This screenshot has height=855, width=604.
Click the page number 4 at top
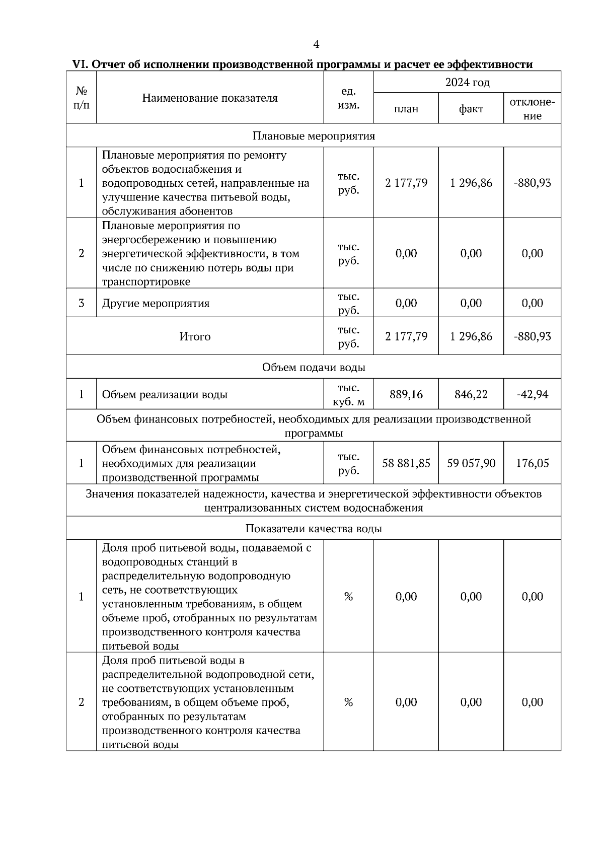[316, 45]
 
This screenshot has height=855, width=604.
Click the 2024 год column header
[467, 82]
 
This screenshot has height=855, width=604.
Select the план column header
[406, 109]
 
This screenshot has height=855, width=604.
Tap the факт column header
[471, 109]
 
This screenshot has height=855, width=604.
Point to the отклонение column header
[532, 109]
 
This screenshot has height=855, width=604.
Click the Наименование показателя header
[209, 98]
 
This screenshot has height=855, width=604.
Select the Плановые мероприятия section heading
[313, 136]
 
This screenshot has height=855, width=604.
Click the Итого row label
[195, 336]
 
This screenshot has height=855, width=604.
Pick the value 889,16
[406, 394]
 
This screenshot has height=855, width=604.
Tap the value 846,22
[471, 394]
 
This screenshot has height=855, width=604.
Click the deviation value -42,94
[532, 394]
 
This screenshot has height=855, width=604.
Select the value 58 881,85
[406, 463]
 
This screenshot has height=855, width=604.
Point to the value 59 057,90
[471, 463]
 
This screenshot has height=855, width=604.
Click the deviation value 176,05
[532, 463]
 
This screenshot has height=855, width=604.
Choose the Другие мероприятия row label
[156, 303]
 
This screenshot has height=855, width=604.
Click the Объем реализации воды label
[165, 394]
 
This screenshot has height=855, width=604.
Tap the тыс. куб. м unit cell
[348, 394]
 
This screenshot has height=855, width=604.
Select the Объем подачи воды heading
[313, 368]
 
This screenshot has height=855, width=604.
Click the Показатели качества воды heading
[313, 529]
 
